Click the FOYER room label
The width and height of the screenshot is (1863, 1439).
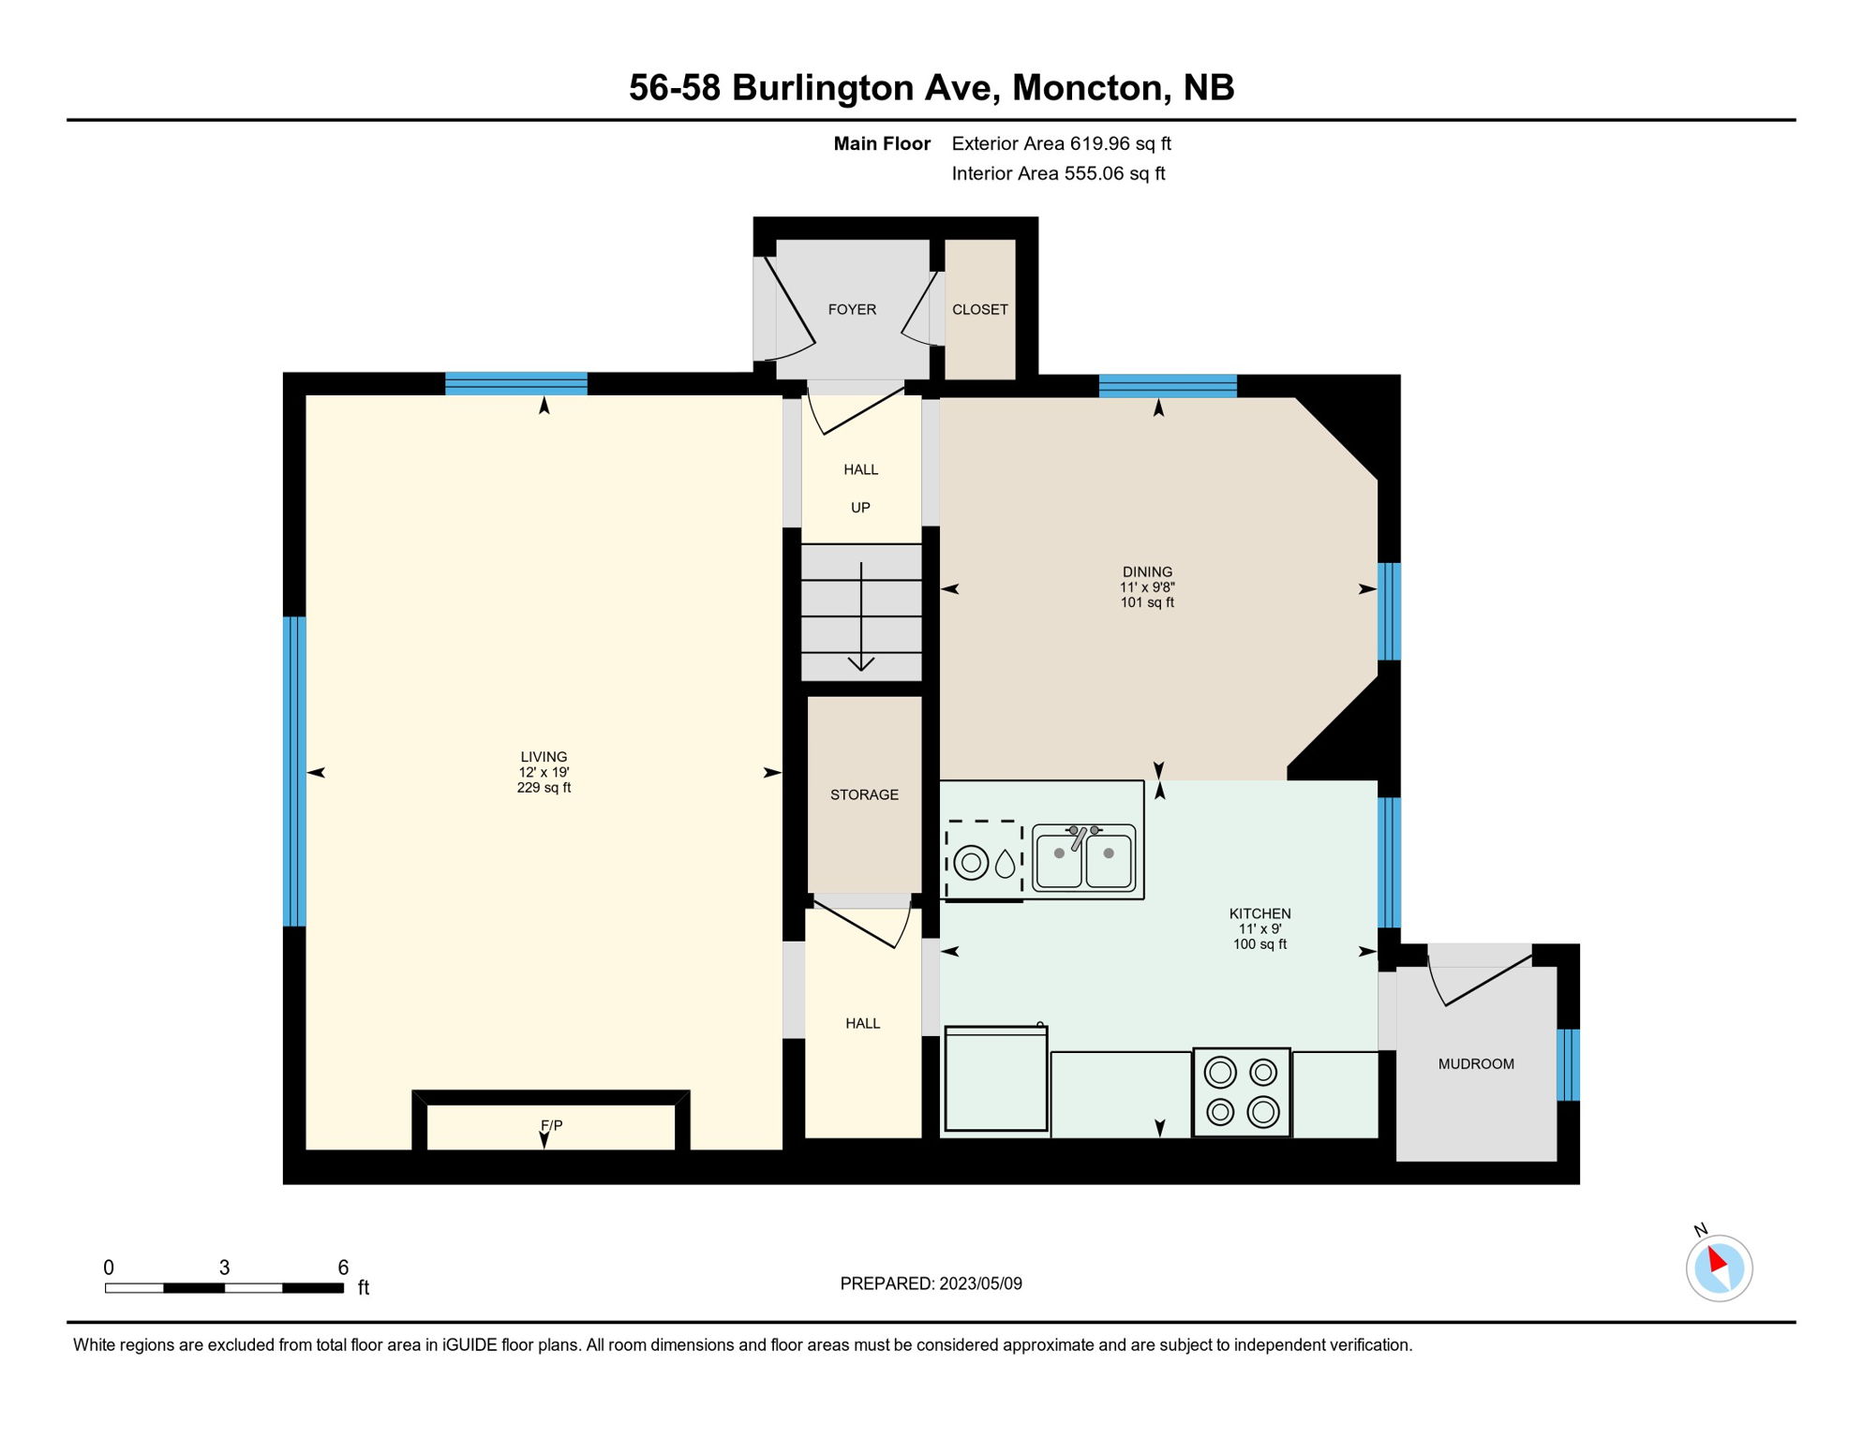click(852, 309)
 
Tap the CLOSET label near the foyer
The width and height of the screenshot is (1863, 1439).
click(979, 309)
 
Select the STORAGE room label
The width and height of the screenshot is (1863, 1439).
click(864, 794)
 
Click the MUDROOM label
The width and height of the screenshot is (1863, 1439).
click(1476, 1063)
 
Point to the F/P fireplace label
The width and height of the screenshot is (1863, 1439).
click(551, 1125)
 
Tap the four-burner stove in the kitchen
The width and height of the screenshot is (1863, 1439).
click(1241, 1092)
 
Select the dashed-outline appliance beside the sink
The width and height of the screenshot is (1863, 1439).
click(983, 861)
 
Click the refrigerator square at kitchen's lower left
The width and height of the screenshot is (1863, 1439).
click(995, 1079)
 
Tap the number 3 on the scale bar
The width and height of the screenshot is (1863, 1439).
click(224, 1268)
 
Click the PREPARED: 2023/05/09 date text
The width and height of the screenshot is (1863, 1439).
click(931, 1283)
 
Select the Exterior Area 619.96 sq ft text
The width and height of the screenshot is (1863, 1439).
click(1061, 143)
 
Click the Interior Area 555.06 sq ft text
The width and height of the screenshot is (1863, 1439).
click(1058, 173)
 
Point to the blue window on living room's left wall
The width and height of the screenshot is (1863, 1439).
click(294, 771)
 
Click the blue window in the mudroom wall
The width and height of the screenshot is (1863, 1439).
click(1568, 1064)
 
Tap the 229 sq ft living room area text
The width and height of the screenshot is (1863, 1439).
click(544, 788)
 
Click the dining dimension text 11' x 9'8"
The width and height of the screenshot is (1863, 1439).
click(1147, 587)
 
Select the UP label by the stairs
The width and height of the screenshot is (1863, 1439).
click(860, 508)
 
